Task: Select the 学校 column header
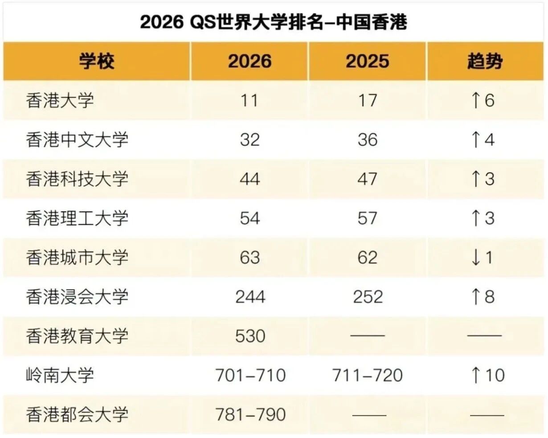click(97, 61)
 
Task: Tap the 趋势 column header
click(485, 61)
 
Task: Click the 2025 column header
click(367, 61)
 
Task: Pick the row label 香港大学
click(60, 100)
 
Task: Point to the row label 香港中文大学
click(77, 139)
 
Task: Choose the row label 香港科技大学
click(77, 179)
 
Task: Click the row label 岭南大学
click(60, 375)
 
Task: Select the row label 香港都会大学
click(77, 414)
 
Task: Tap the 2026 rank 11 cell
click(249, 100)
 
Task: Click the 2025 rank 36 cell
click(367, 139)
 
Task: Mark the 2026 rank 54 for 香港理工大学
click(249, 218)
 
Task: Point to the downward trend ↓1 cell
click(482, 258)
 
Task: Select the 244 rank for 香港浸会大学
click(250, 297)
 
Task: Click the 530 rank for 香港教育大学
click(250, 336)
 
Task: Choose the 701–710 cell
click(250, 375)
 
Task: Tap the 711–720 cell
click(368, 375)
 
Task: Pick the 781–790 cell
click(250, 414)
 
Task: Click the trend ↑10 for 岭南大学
click(487, 375)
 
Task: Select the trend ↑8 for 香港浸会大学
click(483, 297)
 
